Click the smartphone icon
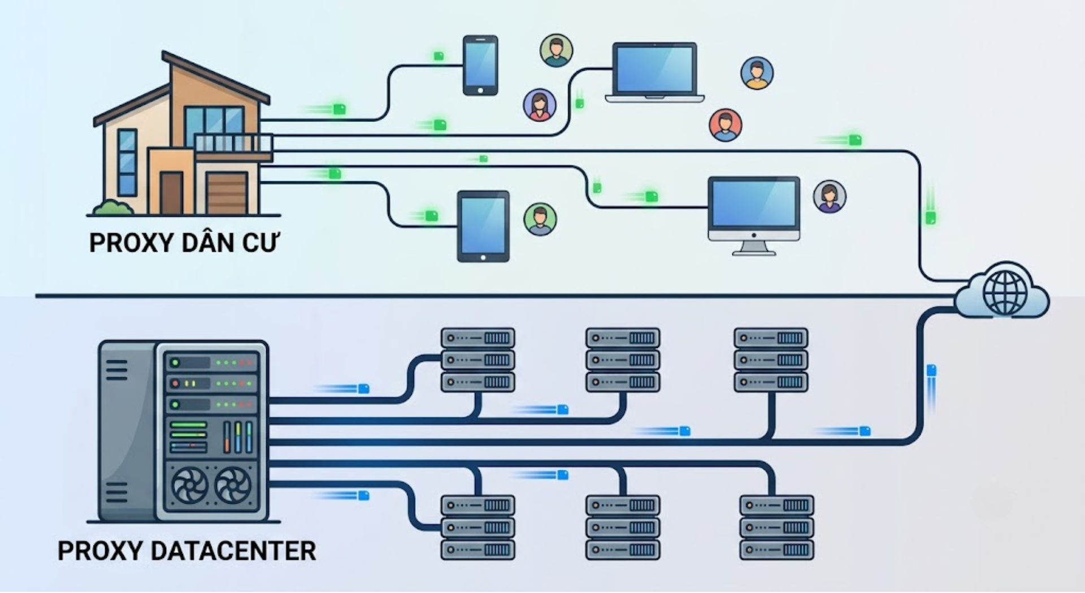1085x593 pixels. coord(480,65)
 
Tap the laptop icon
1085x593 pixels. coord(654,72)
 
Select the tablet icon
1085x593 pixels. coord(483,226)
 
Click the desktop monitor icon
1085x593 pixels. coord(754,215)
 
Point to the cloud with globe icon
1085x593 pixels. coord(1003,291)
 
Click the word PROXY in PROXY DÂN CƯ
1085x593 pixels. coord(131,243)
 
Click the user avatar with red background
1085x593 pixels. coord(726,125)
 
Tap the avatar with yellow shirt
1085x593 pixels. coord(757,73)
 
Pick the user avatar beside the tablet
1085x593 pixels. coord(540,219)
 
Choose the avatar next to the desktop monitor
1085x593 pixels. coord(830,197)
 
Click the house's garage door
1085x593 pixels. coord(227,193)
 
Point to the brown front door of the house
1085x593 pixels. coord(171,193)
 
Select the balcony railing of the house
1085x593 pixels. coord(233,143)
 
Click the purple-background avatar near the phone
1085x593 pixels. coord(540,104)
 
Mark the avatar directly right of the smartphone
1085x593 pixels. coord(556,50)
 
